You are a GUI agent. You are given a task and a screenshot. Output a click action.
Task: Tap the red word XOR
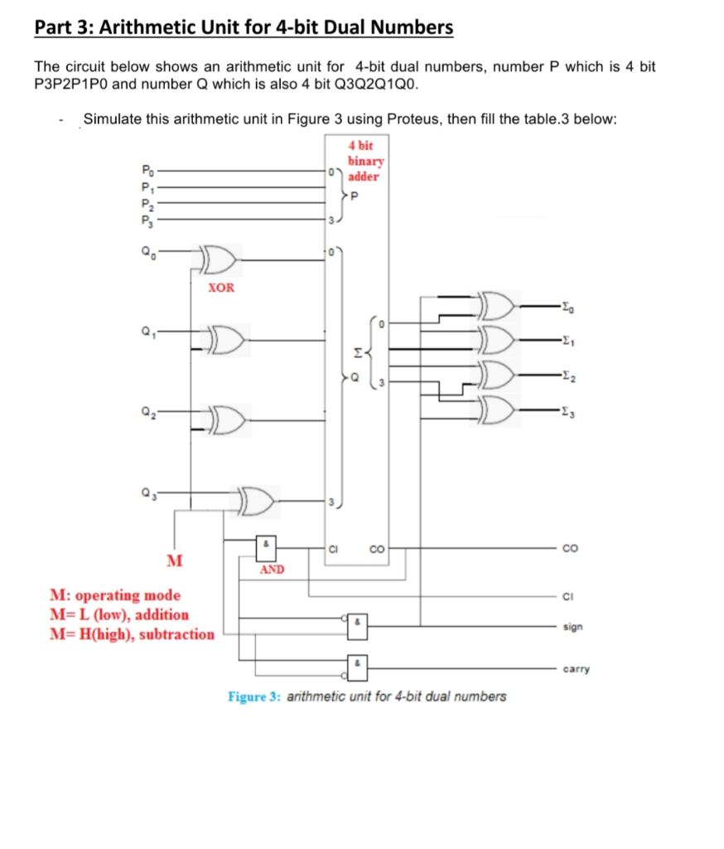click(220, 288)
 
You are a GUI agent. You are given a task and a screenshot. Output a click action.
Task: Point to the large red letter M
click(174, 560)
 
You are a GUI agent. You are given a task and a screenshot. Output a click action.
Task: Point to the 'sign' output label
click(572, 628)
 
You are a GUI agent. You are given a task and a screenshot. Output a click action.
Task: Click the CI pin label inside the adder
click(335, 548)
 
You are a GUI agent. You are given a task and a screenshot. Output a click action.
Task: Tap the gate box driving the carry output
click(357, 667)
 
